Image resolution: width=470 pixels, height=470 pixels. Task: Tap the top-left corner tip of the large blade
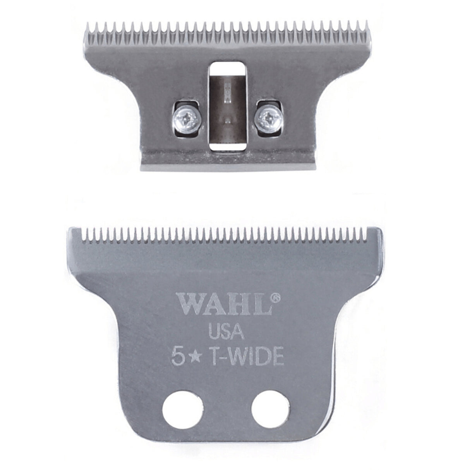point(70,229)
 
